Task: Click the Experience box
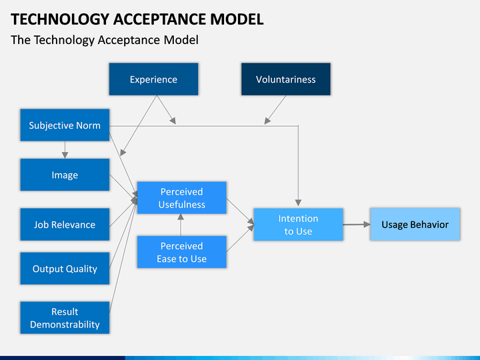click(x=154, y=79)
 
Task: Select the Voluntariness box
click(x=286, y=79)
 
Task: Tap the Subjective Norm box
click(x=65, y=125)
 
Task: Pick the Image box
click(x=65, y=175)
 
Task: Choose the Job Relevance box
click(x=65, y=224)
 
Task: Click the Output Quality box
click(x=65, y=268)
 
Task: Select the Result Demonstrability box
click(x=65, y=317)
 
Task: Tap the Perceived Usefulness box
click(x=182, y=197)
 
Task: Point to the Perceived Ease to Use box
click(x=182, y=251)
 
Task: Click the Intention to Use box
click(x=299, y=225)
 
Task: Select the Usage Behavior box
click(x=415, y=224)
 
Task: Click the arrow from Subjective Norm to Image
click(x=65, y=150)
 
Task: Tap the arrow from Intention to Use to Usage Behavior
click(x=357, y=225)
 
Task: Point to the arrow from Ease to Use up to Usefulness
click(x=181, y=225)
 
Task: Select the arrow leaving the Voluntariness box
click(x=275, y=109)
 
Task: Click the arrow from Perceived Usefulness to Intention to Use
click(x=240, y=211)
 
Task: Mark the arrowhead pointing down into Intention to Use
click(x=299, y=203)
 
